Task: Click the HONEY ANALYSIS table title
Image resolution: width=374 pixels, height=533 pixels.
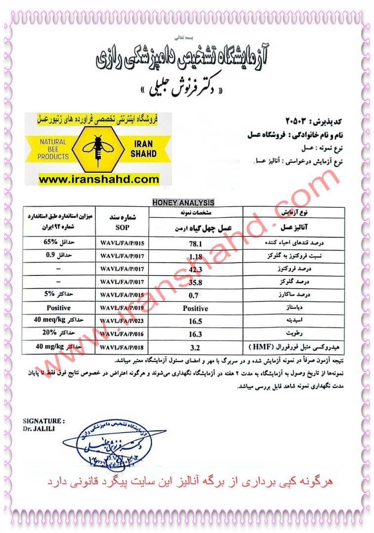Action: tap(183, 202)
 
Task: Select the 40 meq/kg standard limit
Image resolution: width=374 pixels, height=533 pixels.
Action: tap(52, 321)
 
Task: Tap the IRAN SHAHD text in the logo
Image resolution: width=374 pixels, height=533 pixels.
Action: tap(144, 149)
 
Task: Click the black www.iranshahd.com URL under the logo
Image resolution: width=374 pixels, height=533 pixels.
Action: tap(99, 180)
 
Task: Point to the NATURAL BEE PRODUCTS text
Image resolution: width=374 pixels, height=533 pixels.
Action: tap(53, 149)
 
